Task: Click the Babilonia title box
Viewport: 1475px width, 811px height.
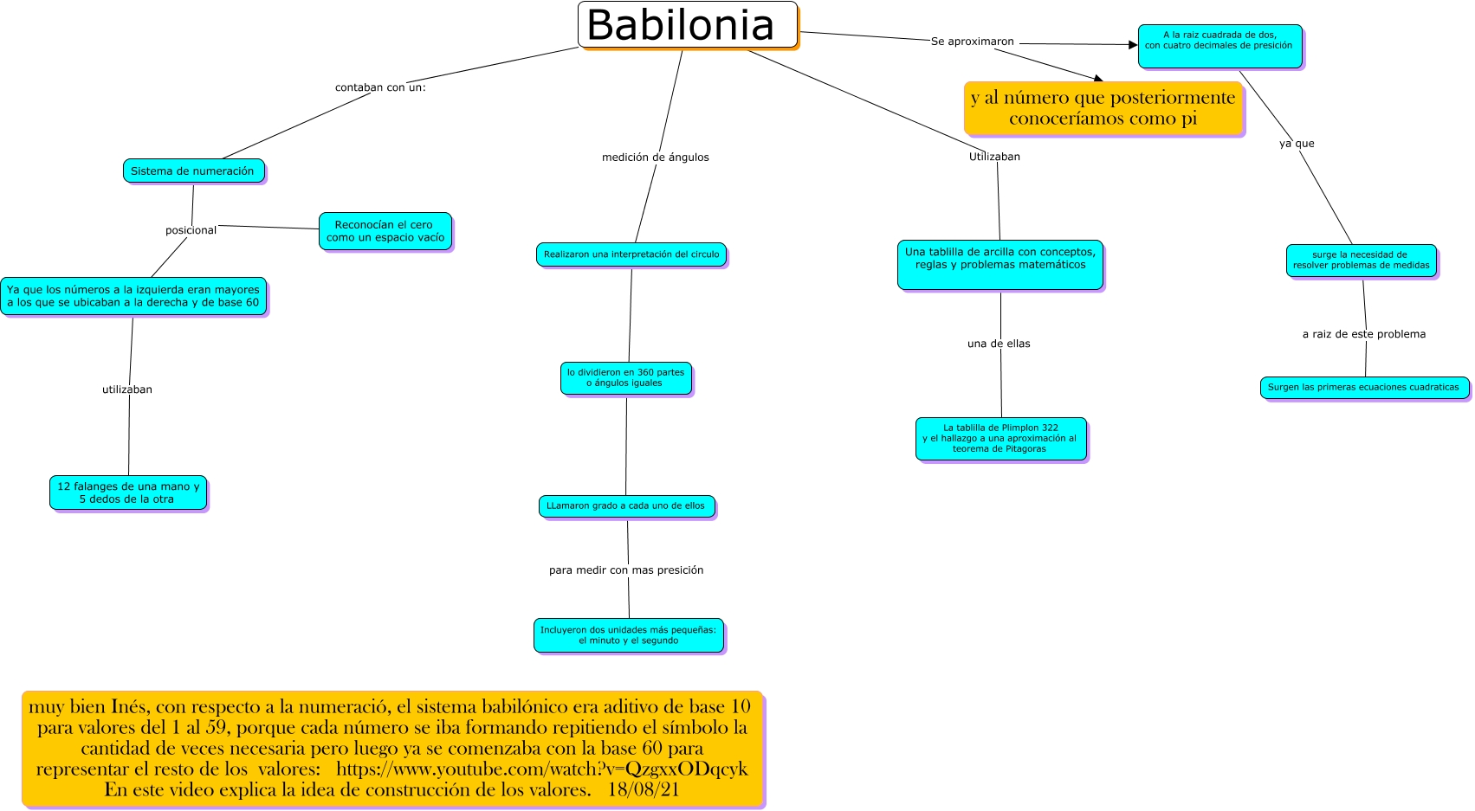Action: click(x=688, y=25)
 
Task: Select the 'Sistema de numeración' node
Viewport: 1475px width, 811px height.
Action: click(x=194, y=171)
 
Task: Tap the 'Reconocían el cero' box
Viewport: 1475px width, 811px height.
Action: click(x=385, y=231)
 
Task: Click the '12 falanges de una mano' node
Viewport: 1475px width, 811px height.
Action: click(x=128, y=492)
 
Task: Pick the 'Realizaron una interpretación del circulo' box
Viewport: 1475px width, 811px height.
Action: click(x=631, y=254)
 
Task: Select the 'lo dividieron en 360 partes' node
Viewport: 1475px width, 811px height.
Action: click(x=626, y=378)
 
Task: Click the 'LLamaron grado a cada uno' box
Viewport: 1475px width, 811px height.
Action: click(x=626, y=506)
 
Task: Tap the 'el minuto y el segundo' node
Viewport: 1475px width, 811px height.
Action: click(x=629, y=635)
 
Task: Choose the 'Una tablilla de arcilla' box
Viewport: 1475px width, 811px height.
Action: click(x=1000, y=265)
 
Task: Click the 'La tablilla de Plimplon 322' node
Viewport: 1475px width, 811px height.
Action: click(x=1001, y=439)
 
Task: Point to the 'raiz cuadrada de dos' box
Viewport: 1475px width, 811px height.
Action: click(x=1220, y=46)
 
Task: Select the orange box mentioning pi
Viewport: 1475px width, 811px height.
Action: click(x=1103, y=108)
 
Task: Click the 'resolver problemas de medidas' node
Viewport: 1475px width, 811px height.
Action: click(x=1361, y=261)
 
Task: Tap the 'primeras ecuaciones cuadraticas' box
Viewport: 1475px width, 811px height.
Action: click(x=1364, y=387)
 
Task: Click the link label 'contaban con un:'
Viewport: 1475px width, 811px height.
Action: click(x=380, y=87)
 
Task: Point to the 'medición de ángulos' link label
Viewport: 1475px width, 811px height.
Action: click(x=655, y=158)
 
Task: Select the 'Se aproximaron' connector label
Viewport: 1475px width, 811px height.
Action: click(x=973, y=42)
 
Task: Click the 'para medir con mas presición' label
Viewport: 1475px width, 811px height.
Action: click(x=626, y=570)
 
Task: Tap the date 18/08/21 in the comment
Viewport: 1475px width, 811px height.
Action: click(x=644, y=789)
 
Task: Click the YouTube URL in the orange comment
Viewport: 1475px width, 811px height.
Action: click(x=542, y=769)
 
